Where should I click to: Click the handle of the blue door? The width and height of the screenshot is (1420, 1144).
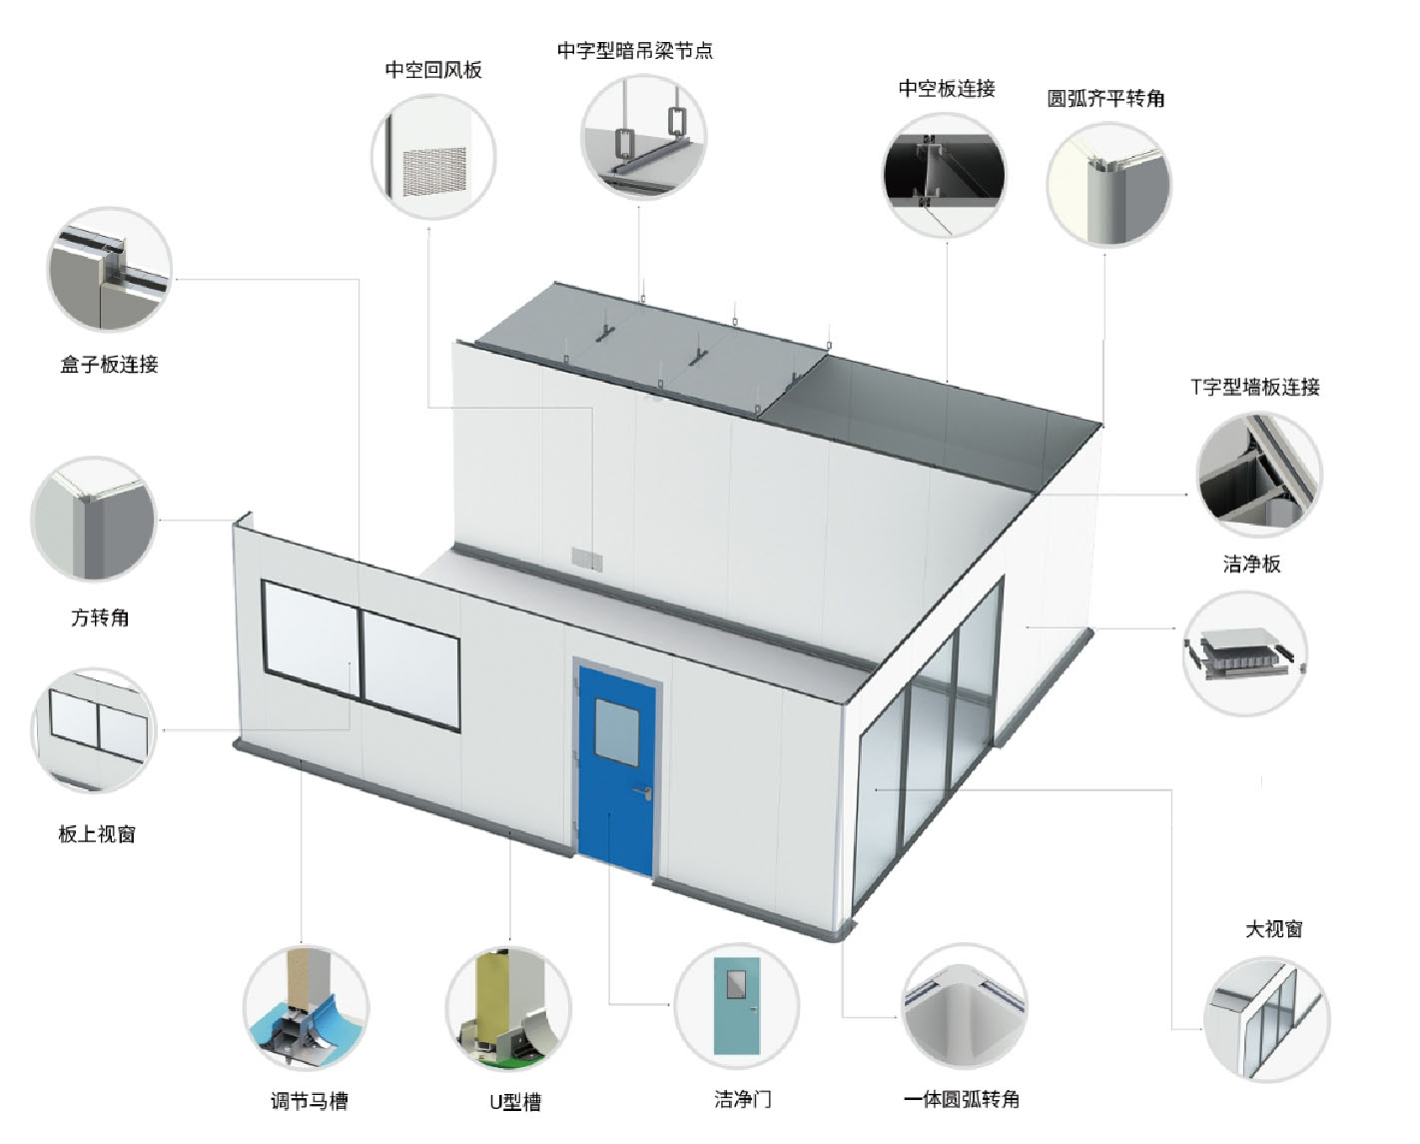tap(646, 791)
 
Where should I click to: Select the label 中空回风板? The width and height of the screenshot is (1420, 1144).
tap(433, 70)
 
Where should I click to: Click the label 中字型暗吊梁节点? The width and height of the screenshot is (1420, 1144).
tap(635, 50)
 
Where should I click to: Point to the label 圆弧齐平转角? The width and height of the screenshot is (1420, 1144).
tap(1105, 98)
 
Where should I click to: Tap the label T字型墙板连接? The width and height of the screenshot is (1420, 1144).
tap(1255, 388)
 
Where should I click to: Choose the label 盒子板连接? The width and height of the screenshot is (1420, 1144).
tap(109, 365)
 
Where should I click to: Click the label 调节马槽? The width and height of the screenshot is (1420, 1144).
tap(310, 1101)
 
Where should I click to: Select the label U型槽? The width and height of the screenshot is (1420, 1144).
tap(515, 1102)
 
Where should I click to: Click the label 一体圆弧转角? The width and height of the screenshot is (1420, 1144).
tap(962, 1099)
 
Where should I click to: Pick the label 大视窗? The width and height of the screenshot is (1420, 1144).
tap(1273, 929)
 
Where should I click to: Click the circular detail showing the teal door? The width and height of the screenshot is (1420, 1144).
tap(737, 1007)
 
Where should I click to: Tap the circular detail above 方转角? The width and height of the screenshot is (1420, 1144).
tap(94, 520)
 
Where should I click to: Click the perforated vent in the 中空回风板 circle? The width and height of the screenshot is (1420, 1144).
tap(434, 169)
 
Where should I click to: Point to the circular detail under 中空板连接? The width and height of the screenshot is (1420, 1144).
tap(945, 176)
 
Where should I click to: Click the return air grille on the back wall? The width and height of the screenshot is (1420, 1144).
tap(583, 558)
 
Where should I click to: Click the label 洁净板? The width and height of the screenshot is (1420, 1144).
tap(1251, 565)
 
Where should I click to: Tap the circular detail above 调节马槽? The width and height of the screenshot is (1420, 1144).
tap(306, 1009)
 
